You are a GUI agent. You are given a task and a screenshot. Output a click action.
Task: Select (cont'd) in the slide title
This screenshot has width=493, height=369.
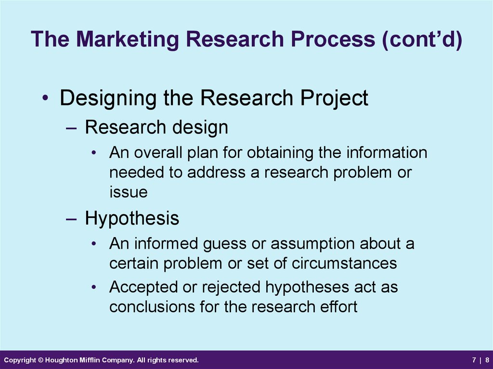[422, 39]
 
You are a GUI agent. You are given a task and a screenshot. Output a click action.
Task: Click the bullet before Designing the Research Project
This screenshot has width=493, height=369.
[46, 98]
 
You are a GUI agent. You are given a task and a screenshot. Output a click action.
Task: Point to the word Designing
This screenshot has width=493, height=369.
[108, 98]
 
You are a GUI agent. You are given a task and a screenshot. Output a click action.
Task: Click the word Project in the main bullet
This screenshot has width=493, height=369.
[334, 98]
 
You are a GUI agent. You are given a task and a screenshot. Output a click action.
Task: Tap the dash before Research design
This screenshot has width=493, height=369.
[71, 128]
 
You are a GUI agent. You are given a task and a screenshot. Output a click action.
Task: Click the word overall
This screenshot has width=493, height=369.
[158, 153]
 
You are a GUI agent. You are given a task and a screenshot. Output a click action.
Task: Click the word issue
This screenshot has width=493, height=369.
[128, 192]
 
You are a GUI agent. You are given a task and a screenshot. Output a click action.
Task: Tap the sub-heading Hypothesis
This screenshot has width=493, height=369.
[132, 218]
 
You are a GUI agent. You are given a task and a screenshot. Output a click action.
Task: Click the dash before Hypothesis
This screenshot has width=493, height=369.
[71, 219]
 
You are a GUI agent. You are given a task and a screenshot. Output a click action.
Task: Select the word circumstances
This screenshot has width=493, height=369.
[344, 263]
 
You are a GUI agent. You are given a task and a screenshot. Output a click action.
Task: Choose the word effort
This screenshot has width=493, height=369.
[339, 306]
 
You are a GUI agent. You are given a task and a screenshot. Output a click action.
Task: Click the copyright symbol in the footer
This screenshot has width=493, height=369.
[40, 360]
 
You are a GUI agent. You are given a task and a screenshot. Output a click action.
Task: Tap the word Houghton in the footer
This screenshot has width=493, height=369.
[59, 360]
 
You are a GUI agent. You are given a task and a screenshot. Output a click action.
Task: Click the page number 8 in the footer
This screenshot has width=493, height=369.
[487, 360]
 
